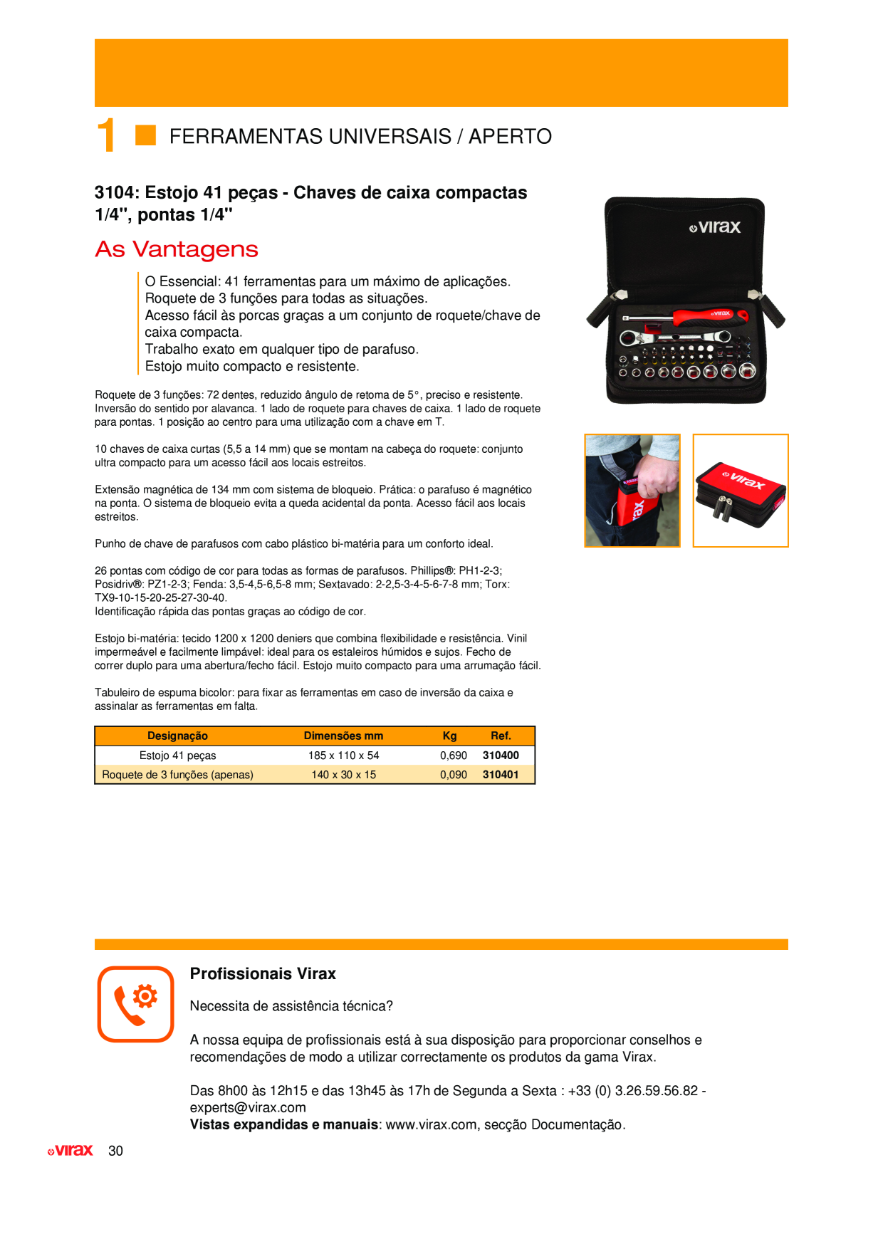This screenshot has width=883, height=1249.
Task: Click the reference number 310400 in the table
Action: [501, 756]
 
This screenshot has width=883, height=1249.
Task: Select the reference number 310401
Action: [501, 775]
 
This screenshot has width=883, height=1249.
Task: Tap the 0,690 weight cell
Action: [454, 756]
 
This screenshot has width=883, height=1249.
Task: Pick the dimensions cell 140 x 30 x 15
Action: [343, 775]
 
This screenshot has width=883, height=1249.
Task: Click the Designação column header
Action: [177, 736]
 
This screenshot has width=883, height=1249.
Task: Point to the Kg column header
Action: [449, 736]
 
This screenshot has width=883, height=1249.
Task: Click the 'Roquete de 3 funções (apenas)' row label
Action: [177, 775]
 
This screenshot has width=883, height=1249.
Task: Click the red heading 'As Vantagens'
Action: [177, 249]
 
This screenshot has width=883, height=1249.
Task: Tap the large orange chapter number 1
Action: [107, 135]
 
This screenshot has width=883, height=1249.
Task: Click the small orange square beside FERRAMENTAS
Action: [145, 135]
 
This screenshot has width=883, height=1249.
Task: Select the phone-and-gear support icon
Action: [135, 1004]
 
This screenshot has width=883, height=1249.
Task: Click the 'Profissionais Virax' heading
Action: [263, 973]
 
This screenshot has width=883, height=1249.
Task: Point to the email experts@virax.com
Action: [248, 1108]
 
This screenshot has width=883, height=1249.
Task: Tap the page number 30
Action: [115, 1151]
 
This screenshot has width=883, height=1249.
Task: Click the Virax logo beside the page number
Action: [70, 1151]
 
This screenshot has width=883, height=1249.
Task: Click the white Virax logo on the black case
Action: [715, 227]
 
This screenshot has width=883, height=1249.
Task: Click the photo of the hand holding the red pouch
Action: [632, 491]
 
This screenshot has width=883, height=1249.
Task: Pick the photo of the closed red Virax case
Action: [741, 491]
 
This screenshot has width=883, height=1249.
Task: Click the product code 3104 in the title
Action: [115, 192]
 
